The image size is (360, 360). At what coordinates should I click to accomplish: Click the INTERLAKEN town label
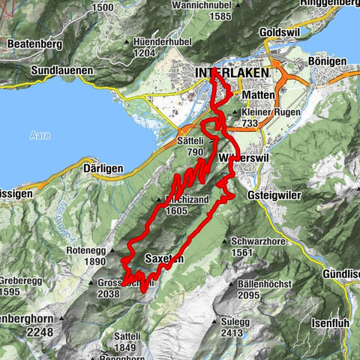click(225, 72)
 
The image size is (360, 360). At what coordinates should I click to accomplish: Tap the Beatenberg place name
click(34, 44)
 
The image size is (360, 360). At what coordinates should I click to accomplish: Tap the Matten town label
click(259, 96)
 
